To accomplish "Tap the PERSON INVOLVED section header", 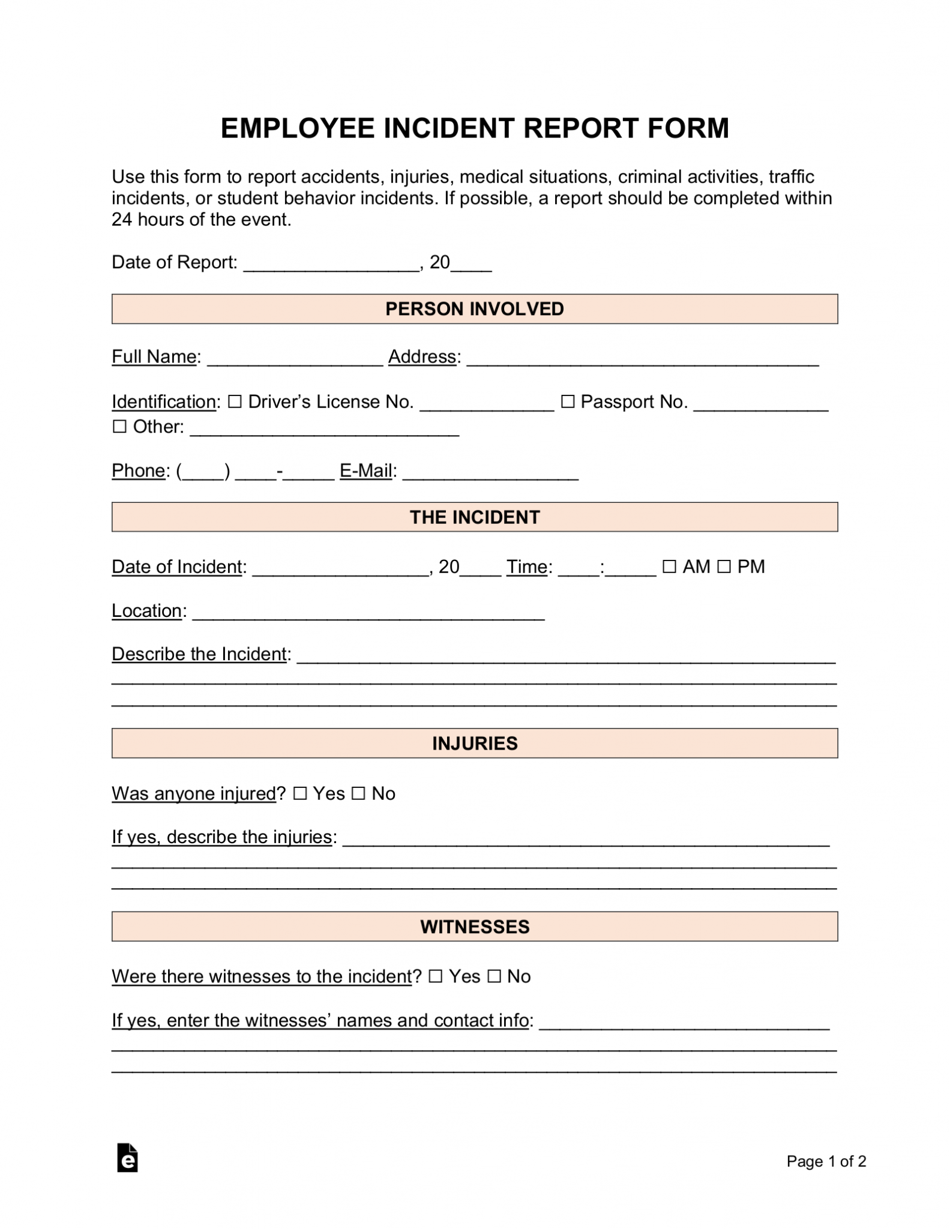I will [474, 309].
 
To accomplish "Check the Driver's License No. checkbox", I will [235, 401].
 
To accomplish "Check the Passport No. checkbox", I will [567, 401].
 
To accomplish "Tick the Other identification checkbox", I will [119, 427].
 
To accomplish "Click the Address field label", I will [422, 356].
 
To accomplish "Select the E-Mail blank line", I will [490, 475].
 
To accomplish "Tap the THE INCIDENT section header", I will [474, 517].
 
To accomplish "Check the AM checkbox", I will [669, 566].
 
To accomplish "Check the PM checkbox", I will [724, 566].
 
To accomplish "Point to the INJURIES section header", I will [474, 744].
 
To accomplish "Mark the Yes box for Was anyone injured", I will [299, 794].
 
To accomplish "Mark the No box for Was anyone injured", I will [358, 794].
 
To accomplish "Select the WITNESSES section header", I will [474, 927].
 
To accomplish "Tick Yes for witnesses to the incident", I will [436, 977].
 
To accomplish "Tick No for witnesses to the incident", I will [494, 977].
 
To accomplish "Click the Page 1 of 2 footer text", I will [826, 1161].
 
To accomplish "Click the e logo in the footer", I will [127, 1158].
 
